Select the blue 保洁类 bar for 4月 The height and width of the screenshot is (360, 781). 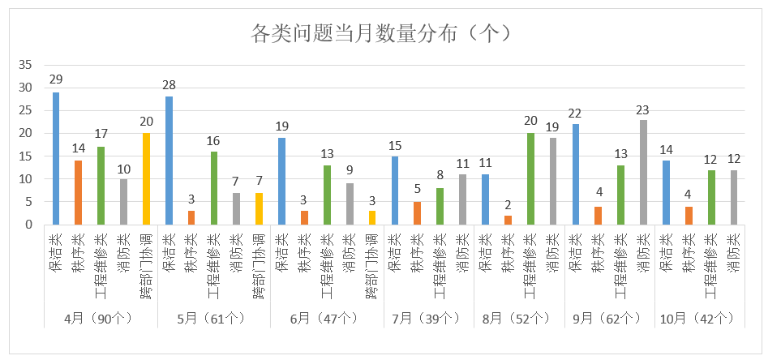[x=56, y=158]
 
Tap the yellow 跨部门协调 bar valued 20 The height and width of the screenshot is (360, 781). [x=146, y=178]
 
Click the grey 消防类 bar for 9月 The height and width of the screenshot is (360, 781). [x=643, y=172]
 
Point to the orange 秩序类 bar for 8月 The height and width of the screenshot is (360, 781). [x=508, y=220]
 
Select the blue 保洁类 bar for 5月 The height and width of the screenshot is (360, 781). [x=169, y=161]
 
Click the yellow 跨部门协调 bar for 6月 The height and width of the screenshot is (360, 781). [x=371, y=217]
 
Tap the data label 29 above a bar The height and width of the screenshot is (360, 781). [x=56, y=79]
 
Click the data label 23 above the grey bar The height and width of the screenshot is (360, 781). [x=643, y=109]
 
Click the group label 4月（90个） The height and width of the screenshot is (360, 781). [x=101, y=317]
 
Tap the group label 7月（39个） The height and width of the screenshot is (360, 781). [x=428, y=317]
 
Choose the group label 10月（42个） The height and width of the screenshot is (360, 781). [x=699, y=317]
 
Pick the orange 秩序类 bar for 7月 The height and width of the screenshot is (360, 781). [x=418, y=213]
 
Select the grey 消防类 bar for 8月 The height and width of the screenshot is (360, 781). [x=553, y=181]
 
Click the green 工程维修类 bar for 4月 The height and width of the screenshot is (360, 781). [x=101, y=185]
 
